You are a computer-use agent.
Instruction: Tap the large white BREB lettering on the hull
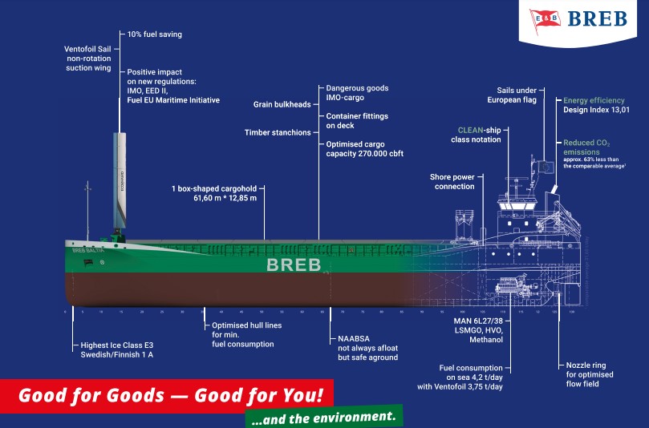pos(293,264)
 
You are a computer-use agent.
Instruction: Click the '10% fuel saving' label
pos(155,34)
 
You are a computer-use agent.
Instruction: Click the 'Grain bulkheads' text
pos(282,103)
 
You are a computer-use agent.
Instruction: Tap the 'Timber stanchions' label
pos(278,132)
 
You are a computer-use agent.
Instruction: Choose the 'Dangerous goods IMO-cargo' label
pos(345,92)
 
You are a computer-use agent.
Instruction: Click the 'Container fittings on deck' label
pos(347,120)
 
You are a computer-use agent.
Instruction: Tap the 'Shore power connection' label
pos(454,181)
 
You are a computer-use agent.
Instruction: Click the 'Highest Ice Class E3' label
pos(117,345)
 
